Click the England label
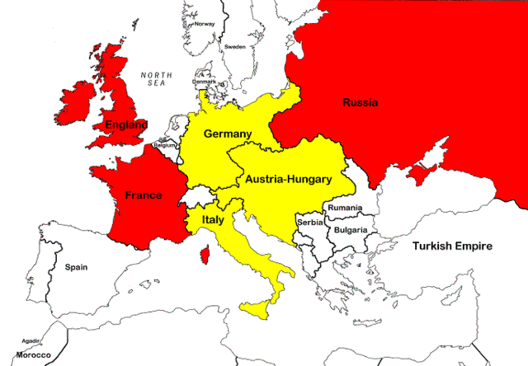(x=125, y=125)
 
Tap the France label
(x=143, y=195)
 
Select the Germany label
(x=227, y=134)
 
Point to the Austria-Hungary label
(x=288, y=178)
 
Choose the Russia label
(x=361, y=103)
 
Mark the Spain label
(x=77, y=267)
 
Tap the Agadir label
(x=31, y=340)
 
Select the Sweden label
(x=236, y=47)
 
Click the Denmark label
(x=205, y=82)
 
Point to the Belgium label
(x=165, y=145)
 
